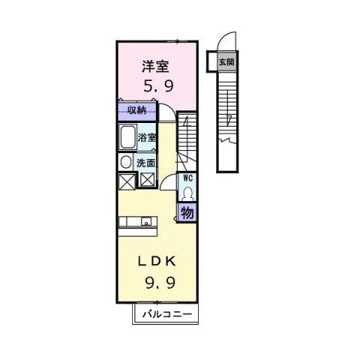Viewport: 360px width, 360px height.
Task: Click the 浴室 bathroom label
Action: point(147,137)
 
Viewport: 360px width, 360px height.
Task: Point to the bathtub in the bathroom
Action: point(127,139)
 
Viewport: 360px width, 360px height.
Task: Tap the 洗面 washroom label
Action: point(145,162)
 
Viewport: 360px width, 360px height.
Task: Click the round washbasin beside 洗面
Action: point(124,162)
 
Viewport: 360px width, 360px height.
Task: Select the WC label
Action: point(188,178)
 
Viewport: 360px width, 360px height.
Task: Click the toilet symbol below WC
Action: point(188,192)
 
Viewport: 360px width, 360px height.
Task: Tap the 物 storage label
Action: point(187,211)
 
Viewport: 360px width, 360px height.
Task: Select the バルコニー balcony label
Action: point(167,313)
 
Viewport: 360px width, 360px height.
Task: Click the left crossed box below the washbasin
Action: point(125,180)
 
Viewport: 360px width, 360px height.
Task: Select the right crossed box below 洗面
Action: point(148,180)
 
